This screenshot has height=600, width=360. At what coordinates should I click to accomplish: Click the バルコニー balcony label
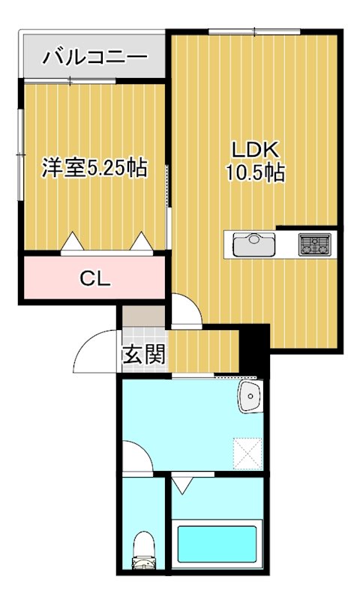click(x=94, y=57)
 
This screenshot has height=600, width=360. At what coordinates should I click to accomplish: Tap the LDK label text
click(x=254, y=148)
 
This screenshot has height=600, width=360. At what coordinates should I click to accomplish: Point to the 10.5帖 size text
click(x=254, y=172)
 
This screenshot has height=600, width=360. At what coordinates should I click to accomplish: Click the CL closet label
click(x=95, y=279)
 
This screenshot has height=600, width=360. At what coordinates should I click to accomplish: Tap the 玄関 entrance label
click(x=142, y=354)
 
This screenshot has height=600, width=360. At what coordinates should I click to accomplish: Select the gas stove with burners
click(x=314, y=244)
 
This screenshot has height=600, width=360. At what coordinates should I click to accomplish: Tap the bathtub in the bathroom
click(x=216, y=545)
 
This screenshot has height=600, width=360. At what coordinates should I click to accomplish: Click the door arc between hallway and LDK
click(x=184, y=310)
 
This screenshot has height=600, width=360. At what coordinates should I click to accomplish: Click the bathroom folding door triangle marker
click(x=182, y=484)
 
